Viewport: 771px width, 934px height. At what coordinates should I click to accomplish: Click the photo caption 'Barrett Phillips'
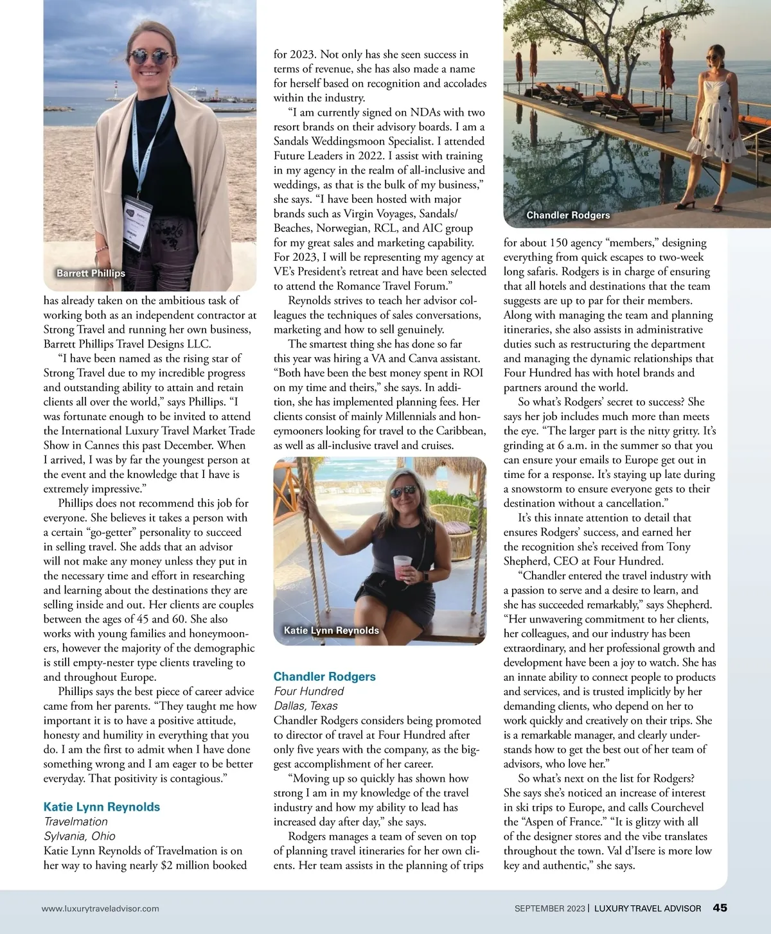[91, 273]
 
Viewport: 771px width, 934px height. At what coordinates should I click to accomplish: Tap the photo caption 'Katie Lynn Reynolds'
[331, 630]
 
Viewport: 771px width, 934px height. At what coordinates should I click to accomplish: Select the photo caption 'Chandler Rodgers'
[568, 215]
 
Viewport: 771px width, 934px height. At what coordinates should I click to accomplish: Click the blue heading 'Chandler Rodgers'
[324, 676]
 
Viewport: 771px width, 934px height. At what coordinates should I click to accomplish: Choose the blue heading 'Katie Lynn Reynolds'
[102, 807]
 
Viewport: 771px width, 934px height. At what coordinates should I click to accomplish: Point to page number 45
[720, 908]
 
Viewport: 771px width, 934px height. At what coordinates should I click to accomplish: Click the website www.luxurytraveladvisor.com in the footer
[100, 908]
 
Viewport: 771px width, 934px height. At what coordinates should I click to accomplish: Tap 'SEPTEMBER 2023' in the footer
[549, 908]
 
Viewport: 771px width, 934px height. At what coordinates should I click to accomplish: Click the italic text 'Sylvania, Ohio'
[80, 836]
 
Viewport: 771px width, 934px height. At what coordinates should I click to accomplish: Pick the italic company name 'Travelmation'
[76, 822]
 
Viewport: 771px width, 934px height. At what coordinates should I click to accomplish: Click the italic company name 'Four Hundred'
[308, 691]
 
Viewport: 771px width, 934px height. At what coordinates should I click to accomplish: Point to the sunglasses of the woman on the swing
[404, 492]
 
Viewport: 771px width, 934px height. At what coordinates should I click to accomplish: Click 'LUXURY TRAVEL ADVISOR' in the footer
[648, 908]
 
